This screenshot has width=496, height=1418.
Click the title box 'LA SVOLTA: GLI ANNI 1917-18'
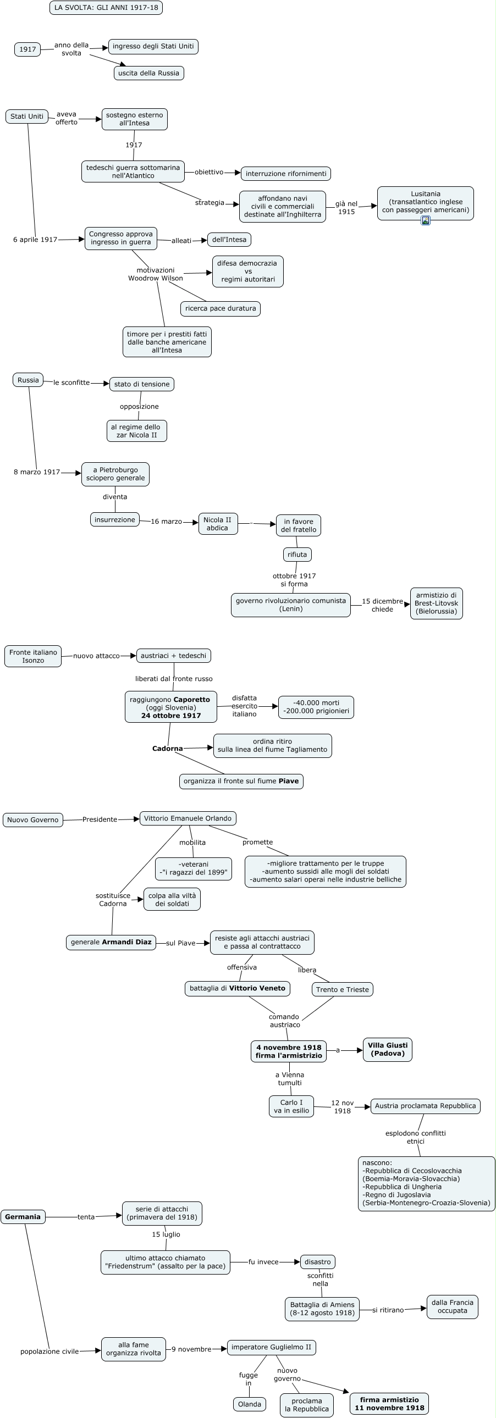click(106, 8)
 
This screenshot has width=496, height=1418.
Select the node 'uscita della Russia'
click(148, 73)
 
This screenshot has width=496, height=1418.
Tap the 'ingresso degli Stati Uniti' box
click(153, 46)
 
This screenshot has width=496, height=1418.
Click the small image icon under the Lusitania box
click(426, 220)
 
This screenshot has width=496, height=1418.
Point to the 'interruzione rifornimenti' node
click(286, 173)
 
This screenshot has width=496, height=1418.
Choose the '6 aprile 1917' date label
click(35, 240)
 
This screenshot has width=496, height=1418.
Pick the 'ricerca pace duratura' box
click(220, 308)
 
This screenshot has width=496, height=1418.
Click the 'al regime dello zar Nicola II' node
click(136, 431)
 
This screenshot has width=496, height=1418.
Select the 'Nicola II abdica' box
click(217, 524)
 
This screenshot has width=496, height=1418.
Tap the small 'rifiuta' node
click(297, 555)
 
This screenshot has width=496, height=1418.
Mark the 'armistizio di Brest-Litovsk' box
click(436, 603)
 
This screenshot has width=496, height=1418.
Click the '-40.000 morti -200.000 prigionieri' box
click(316, 707)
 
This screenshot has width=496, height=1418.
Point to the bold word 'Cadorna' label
click(167, 749)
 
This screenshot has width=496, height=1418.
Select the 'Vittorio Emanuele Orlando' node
click(188, 818)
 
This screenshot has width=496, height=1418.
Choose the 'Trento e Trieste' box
click(342, 989)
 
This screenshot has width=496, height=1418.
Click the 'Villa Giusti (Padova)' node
click(388, 1049)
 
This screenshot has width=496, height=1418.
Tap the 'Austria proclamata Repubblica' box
click(425, 1106)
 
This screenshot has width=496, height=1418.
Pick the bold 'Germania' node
click(23, 1216)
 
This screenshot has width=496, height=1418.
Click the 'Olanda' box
click(250, 1404)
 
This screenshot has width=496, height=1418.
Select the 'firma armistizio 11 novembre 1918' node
click(389, 1404)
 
